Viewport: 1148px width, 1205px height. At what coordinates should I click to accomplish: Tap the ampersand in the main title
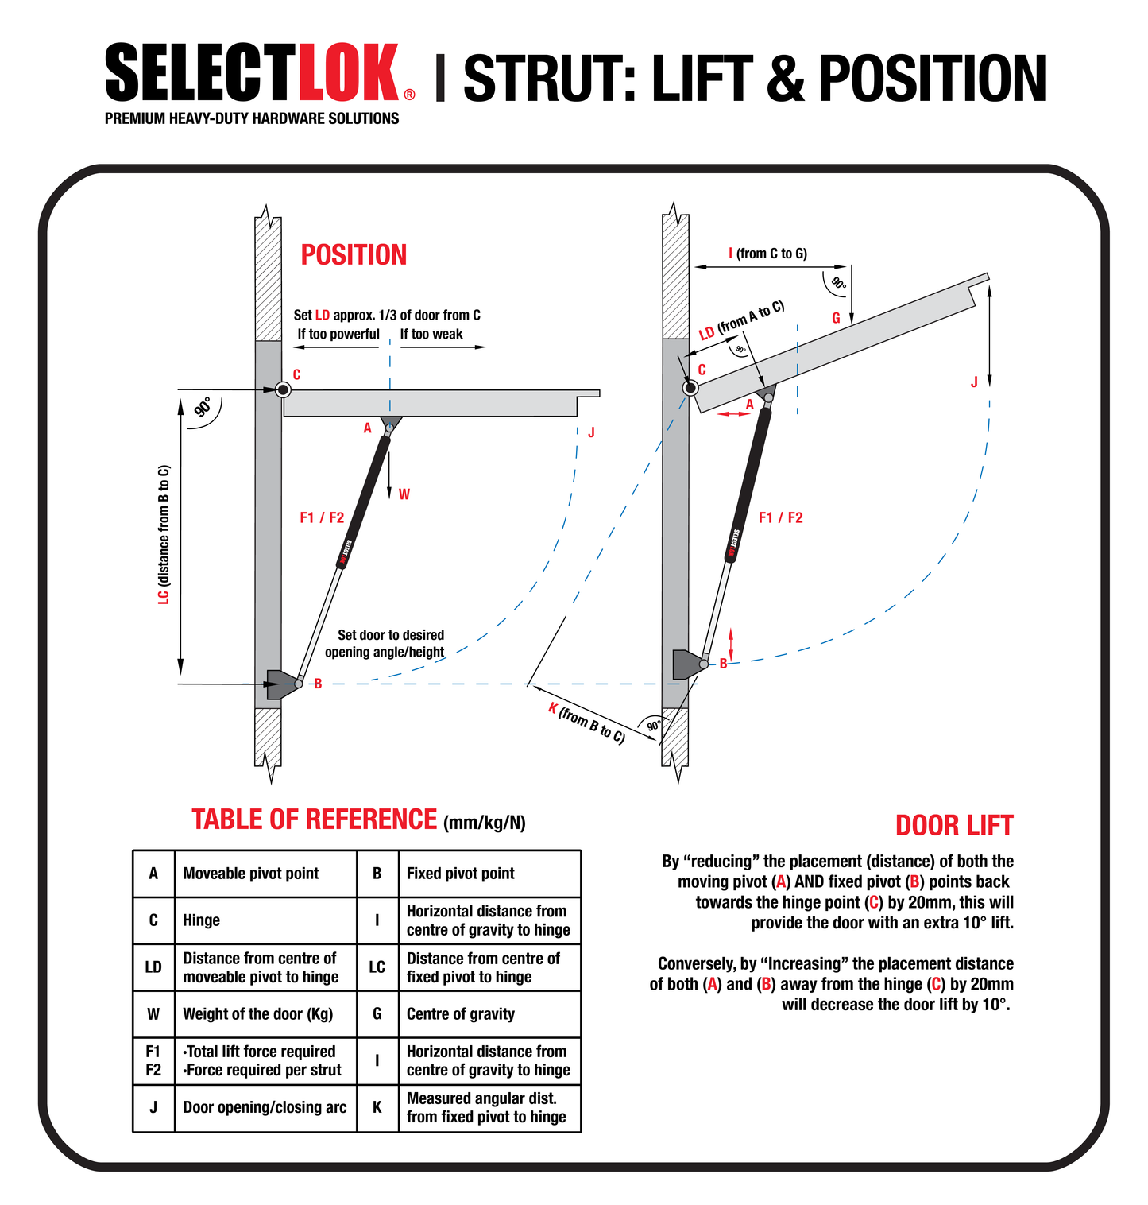tap(785, 78)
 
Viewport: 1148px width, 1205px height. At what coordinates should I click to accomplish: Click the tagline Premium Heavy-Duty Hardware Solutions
tap(252, 118)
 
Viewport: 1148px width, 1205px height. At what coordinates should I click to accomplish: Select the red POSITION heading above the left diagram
tap(354, 255)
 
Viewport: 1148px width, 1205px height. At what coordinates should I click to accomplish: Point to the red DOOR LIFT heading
tap(953, 826)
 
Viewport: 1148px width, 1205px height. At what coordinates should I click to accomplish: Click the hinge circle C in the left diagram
tap(282, 389)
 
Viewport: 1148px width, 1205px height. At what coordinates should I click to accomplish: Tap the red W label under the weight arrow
tap(404, 494)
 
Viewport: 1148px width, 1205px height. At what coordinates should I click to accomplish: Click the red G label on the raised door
tap(836, 318)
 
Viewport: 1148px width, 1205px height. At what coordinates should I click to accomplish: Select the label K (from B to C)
tap(586, 723)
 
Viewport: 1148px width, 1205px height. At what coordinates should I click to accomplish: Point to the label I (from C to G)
tap(767, 254)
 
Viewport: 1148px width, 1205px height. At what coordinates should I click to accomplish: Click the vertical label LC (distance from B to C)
tap(164, 535)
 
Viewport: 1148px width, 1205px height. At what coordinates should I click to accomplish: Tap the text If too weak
tap(431, 335)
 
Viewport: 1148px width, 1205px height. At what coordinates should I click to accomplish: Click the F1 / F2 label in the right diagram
tap(780, 518)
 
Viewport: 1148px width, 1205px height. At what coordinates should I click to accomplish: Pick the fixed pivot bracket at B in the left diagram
tap(280, 684)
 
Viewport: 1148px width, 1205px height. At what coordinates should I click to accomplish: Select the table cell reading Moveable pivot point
tap(250, 874)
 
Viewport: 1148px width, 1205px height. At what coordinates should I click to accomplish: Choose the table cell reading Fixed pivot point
tap(460, 874)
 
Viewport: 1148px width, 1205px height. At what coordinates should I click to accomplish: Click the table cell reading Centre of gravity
tap(460, 1014)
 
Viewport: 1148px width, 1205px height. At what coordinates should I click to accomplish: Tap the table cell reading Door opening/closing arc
tap(265, 1108)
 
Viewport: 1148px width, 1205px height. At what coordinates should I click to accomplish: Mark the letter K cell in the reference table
tap(377, 1108)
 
